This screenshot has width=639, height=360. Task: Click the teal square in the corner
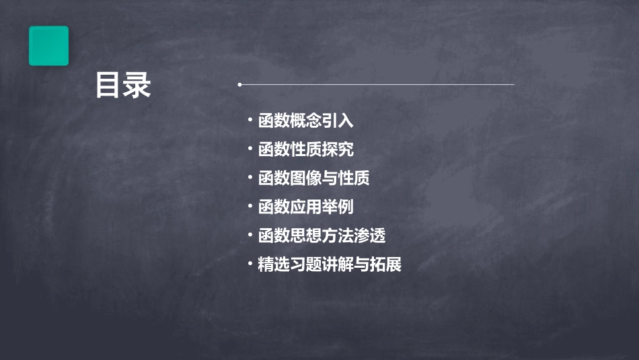click(48, 46)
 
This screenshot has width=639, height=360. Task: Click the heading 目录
click(123, 85)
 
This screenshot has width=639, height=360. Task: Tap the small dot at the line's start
click(239, 85)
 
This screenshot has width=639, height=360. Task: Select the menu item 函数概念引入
click(305, 121)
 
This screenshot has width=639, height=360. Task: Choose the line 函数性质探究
click(305, 149)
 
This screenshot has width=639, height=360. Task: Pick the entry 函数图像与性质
click(313, 178)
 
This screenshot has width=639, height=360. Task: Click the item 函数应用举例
click(305, 207)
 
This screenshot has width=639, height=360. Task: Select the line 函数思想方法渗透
click(322, 236)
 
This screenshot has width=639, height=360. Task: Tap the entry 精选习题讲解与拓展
click(330, 264)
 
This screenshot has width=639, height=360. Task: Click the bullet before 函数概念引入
click(250, 121)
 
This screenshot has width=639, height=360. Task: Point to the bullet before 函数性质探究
click(250, 149)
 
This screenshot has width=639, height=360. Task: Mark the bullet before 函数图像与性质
click(250, 178)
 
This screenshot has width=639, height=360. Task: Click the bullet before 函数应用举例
click(250, 207)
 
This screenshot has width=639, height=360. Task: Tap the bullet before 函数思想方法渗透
click(250, 236)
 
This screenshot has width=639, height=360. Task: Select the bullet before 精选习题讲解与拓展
click(250, 264)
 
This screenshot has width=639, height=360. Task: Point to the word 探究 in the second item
click(338, 149)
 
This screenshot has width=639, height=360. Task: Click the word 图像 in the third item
click(305, 178)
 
